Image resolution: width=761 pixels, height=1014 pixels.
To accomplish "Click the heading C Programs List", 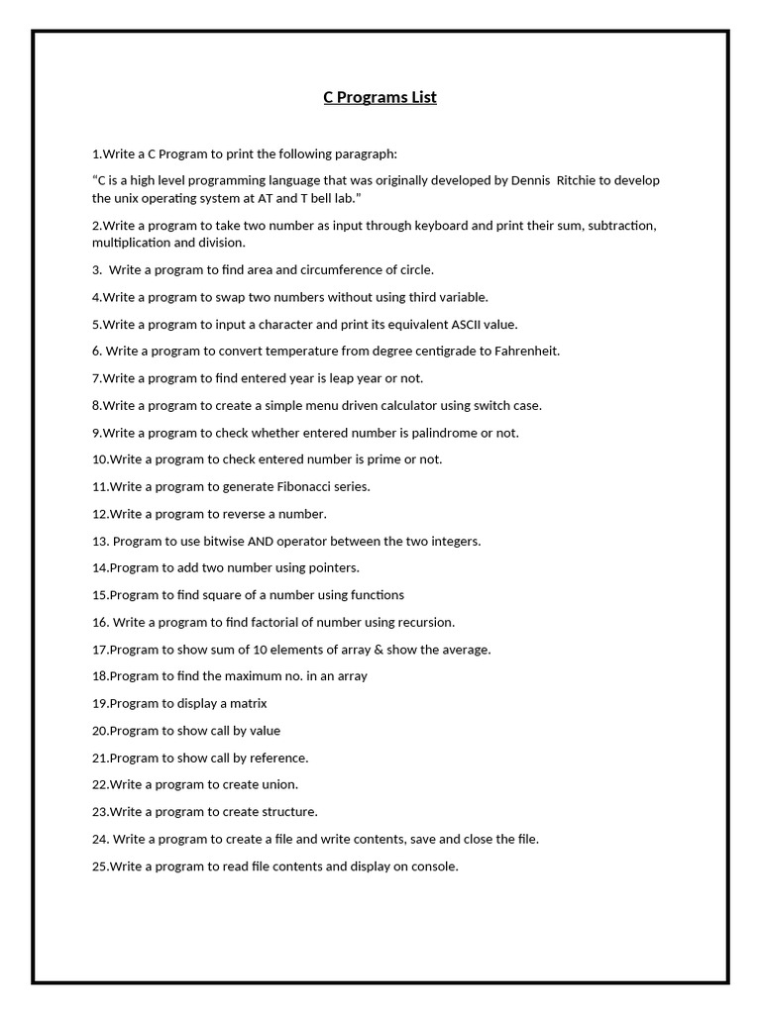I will (x=380, y=97).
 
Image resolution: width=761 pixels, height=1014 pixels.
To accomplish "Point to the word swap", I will (x=226, y=297).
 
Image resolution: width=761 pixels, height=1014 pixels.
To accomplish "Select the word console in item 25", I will (x=434, y=866).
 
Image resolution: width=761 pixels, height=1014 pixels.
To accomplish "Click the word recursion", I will (x=424, y=622).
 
